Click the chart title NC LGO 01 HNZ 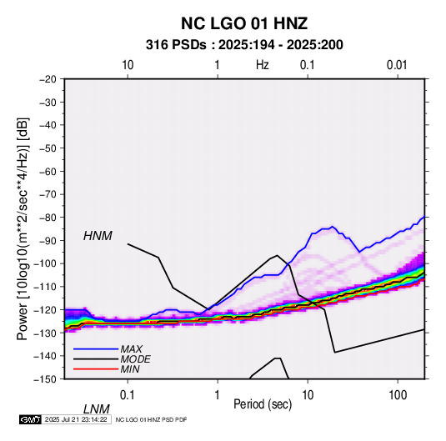pos(244,23)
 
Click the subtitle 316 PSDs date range pos(244,45)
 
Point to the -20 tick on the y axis pos(48,79)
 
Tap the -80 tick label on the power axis pos(48,218)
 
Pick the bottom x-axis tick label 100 pos(398,395)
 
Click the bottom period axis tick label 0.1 pos(128,395)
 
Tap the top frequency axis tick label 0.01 pos(397,65)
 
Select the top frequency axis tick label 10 pos(128,65)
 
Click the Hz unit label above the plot pos(263,65)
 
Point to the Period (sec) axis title pos(263,404)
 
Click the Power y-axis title pos(23,228)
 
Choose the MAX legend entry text pos(131,349)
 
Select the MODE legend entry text pos(135,359)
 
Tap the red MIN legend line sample pos(96,369)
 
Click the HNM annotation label pos(98,236)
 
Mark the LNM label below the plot pos(97,409)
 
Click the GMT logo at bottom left pos(31,419)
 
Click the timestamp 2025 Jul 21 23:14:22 pos(76,419)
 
